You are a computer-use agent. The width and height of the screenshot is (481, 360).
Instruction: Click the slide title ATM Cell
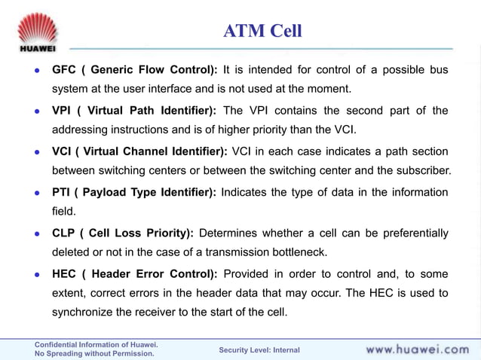coord(262,31)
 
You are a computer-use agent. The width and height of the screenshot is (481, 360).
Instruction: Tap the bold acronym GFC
coord(63,70)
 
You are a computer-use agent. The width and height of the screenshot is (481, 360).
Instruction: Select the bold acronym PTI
coord(61,192)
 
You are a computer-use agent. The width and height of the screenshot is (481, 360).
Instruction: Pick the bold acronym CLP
coord(63,233)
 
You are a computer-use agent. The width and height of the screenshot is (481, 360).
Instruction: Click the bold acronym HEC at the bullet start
coord(64,273)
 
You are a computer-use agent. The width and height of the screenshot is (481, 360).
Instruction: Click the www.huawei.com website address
coord(417,349)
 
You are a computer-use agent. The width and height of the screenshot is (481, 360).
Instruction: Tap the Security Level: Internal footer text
coord(259,350)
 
